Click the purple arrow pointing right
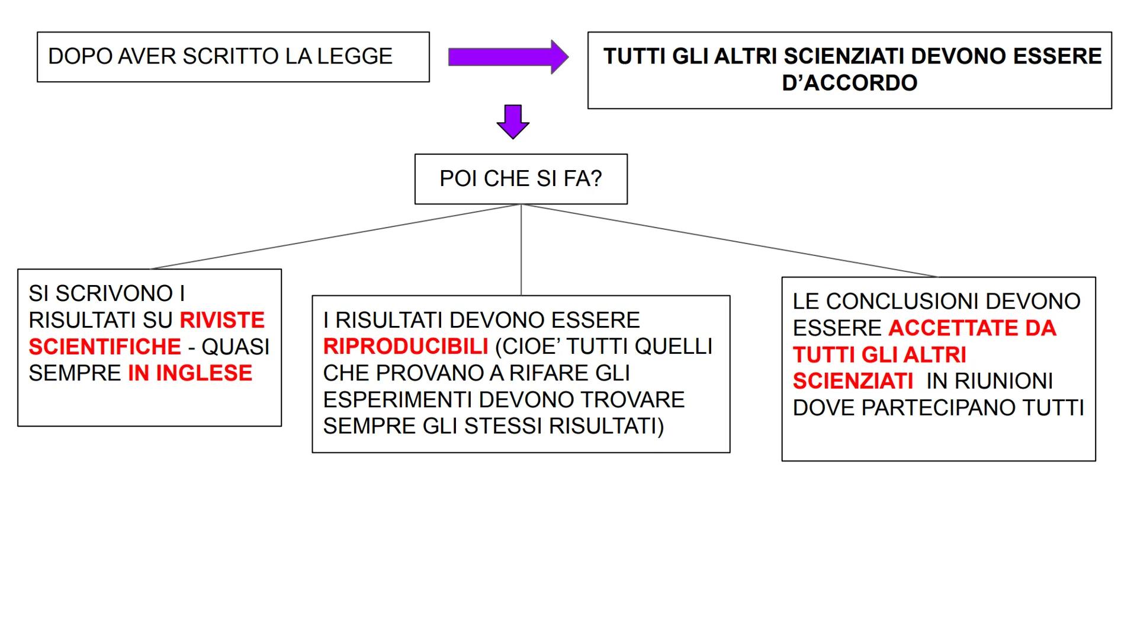click(x=508, y=57)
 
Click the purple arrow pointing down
click(x=513, y=121)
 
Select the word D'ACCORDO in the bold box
click(x=849, y=83)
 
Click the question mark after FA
click(x=596, y=178)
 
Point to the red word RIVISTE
click(x=222, y=320)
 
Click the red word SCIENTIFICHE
click(x=105, y=347)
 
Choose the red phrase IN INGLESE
click(x=190, y=373)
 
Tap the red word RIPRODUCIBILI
click(x=406, y=347)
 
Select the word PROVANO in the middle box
click(x=427, y=373)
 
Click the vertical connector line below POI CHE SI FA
click(x=521, y=249)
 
